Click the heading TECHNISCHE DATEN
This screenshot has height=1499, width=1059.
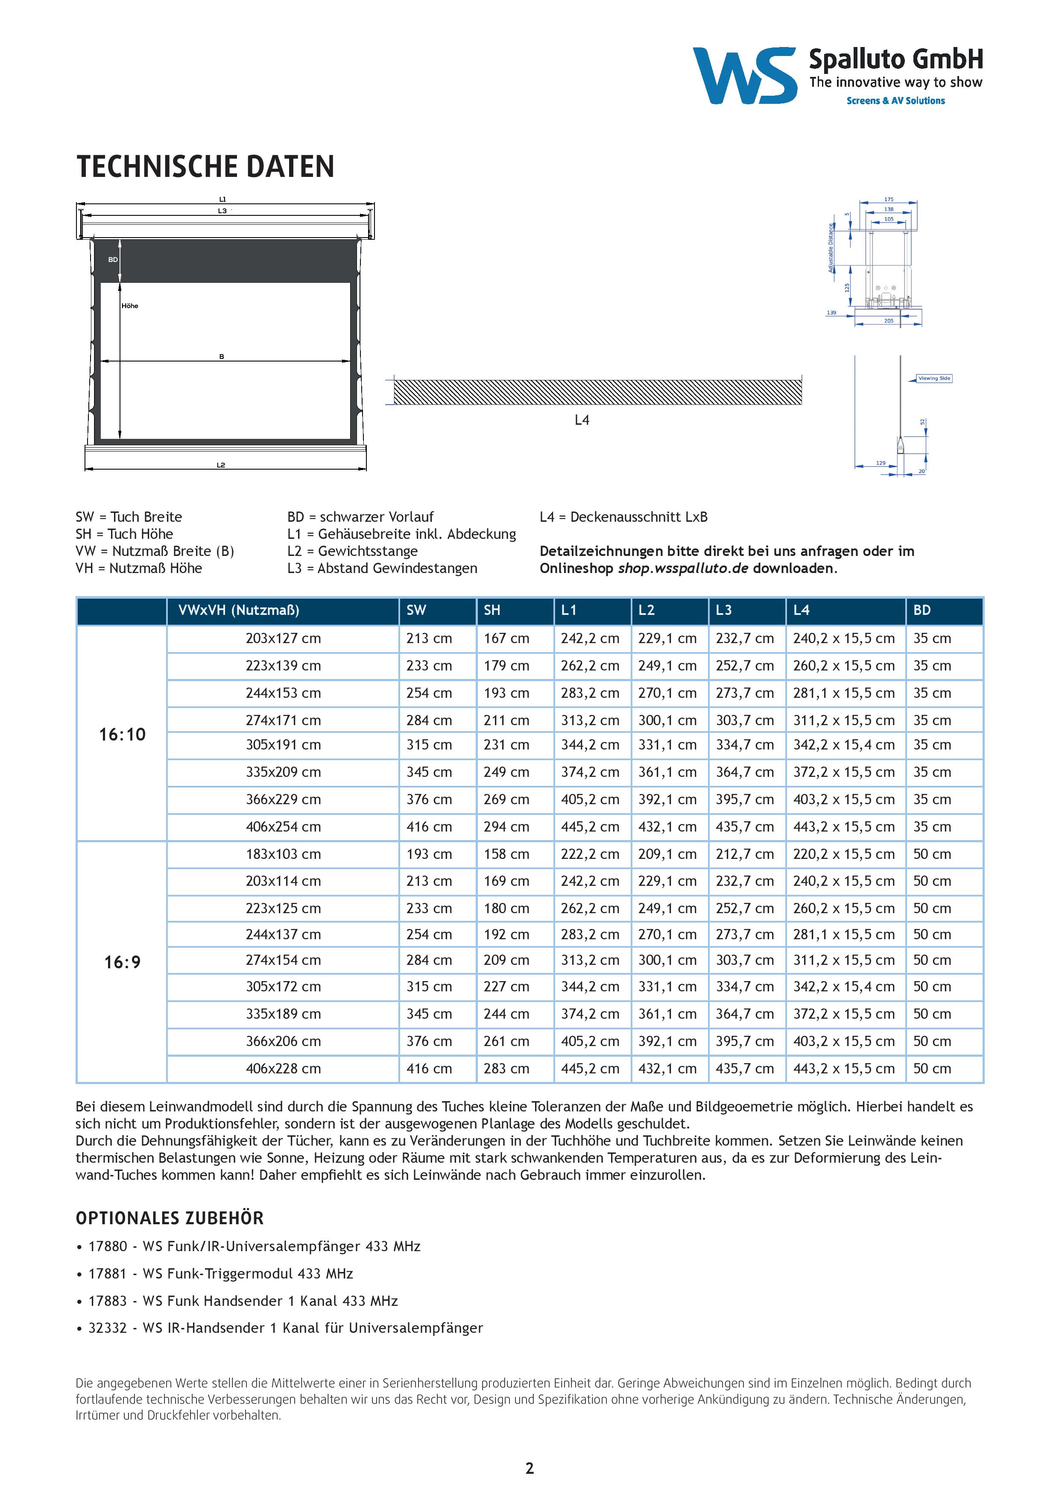[x=205, y=167]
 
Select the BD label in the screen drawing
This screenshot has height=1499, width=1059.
[x=113, y=260]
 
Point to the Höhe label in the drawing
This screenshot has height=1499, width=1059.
[x=130, y=306]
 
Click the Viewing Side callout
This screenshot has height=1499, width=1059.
[x=934, y=379]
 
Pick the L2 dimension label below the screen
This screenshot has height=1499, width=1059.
[x=221, y=465]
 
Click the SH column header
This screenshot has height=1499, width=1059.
[x=492, y=611]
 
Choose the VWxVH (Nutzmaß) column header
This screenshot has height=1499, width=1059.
[x=239, y=611]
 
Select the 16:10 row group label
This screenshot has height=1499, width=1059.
[x=122, y=735]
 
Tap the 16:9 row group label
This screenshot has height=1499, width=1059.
[x=122, y=962]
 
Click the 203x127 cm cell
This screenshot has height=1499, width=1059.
[x=283, y=638]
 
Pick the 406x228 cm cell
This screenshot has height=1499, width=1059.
[x=283, y=1069]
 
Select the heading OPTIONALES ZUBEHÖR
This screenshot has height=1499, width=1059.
[x=170, y=1218]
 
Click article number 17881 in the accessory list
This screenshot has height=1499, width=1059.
[x=108, y=1274]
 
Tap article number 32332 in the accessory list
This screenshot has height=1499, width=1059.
[x=108, y=1328]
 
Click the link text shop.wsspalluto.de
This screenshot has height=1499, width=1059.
[x=683, y=569]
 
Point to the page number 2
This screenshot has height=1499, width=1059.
[x=529, y=1468]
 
